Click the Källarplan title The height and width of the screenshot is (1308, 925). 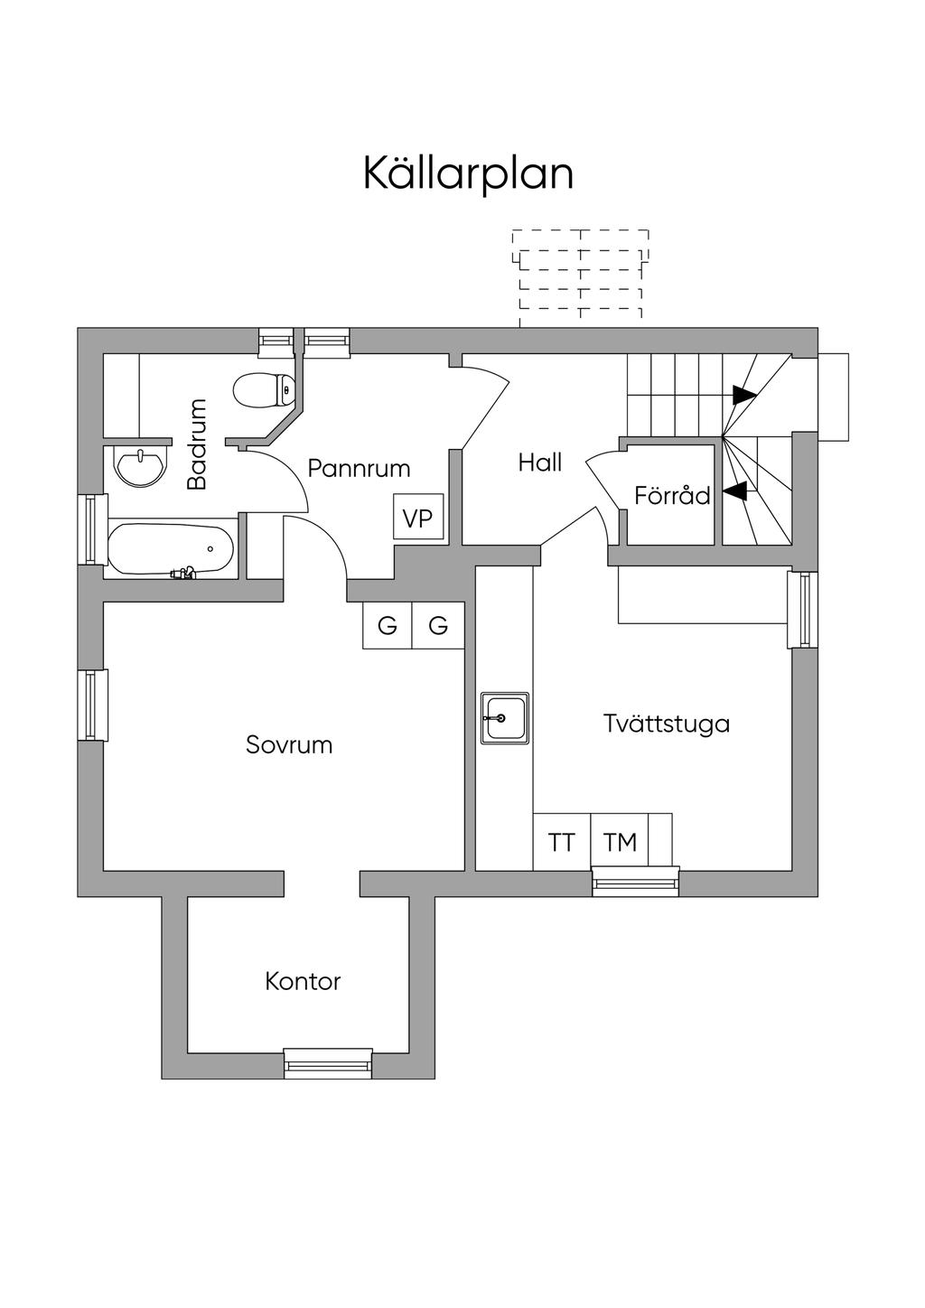[x=468, y=173]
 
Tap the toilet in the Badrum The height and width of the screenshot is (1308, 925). [x=263, y=391]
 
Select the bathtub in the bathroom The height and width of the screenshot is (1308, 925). [x=171, y=548]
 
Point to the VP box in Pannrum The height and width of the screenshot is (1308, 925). [x=418, y=518]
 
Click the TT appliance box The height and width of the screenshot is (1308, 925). [x=561, y=842]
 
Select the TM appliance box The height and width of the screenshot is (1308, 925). [x=620, y=842]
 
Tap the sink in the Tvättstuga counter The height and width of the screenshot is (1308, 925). [x=505, y=718]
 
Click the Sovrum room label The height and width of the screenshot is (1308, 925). [x=289, y=745]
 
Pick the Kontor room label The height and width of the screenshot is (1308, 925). [x=303, y=981]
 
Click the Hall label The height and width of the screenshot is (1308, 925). [x=540, y=463]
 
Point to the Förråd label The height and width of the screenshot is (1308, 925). [x=672, y=495]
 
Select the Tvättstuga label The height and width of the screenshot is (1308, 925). [x=667, y=724]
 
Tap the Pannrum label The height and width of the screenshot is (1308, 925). [x=359, y=468]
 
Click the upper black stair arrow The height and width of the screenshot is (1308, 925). [x=744, y=395]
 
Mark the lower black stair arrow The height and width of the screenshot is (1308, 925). [x=735, y=491]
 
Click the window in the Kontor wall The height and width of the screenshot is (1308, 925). [x=328, y=1063]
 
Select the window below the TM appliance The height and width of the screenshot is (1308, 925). [x=635, y=881]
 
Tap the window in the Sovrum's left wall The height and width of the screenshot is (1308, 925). [x=92, y=705]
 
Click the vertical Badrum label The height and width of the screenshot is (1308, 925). [x=197, y=444]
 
